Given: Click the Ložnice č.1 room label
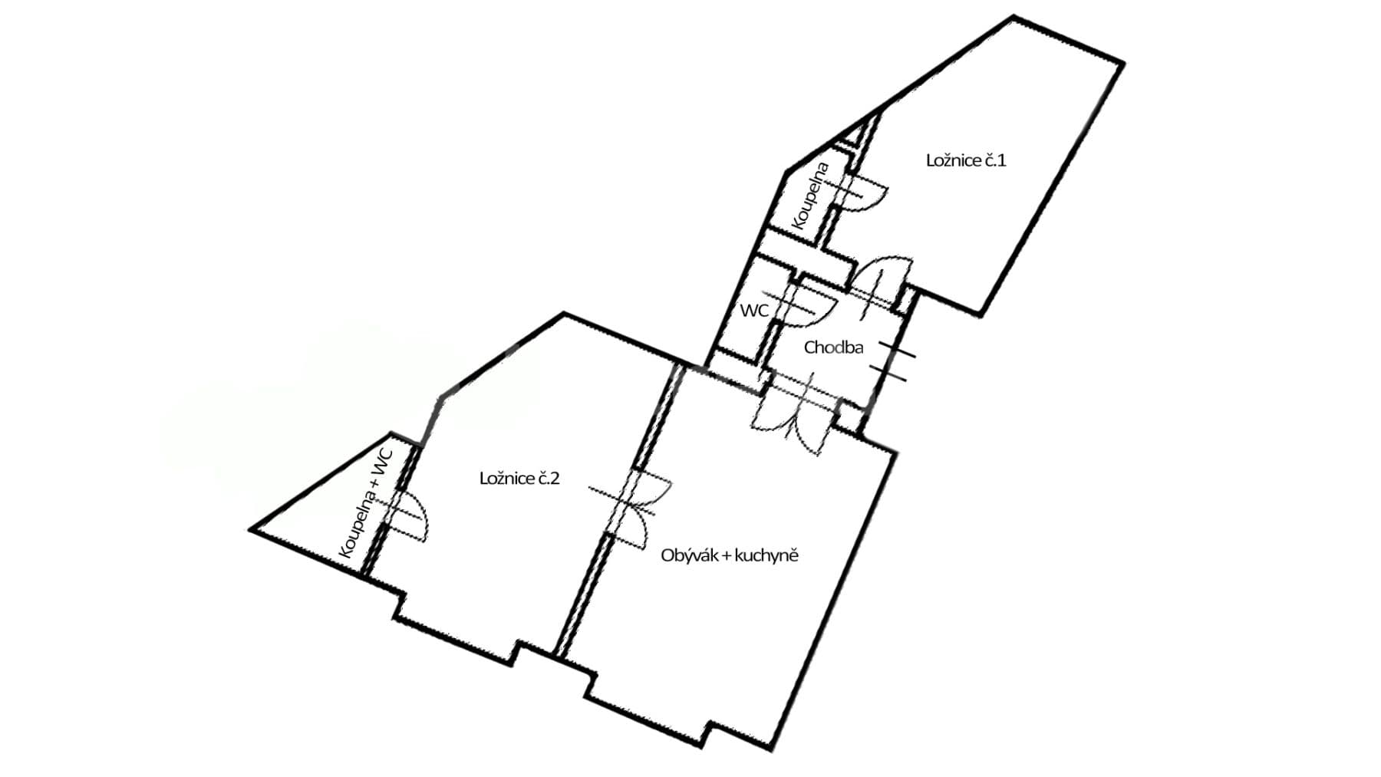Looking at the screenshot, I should (x=965, y=160).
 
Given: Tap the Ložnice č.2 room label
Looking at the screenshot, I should (x=519, y=479).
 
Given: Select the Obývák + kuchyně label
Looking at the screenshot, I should (x=729, y=555).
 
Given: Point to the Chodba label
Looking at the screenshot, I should (x=833, y=347).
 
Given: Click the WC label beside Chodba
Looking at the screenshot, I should (x=754, y=311).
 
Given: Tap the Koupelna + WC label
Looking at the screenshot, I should (x=365, y=503).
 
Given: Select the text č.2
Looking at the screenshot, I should (x=548, y=479).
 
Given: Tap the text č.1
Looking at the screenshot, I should (x=994, y=160).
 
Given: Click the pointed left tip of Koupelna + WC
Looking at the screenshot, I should (x=252, y=528).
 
